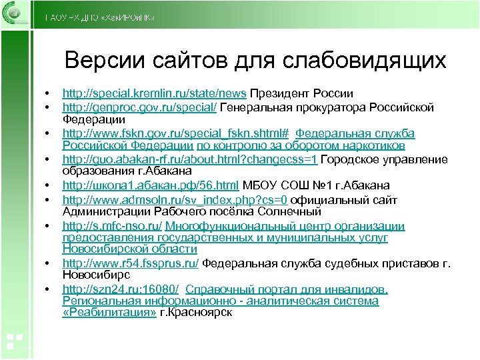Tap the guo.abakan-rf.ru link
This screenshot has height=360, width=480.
191,159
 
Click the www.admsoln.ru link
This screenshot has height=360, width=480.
175,199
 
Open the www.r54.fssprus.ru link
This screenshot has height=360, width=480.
131,263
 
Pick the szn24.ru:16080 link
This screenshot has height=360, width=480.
120,289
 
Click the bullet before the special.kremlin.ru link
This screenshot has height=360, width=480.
45,93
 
